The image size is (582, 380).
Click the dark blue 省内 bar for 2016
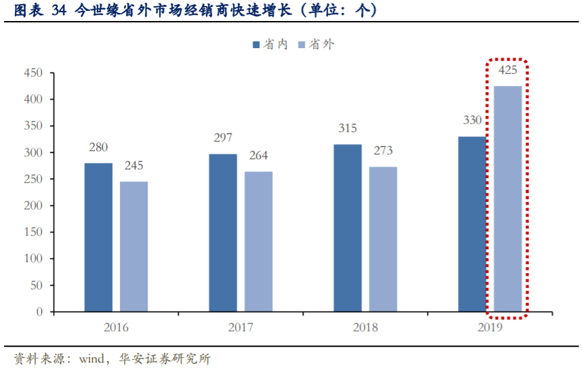coord(98,237)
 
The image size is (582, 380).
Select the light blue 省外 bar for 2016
coord(133,247)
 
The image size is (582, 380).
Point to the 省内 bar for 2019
coord(472,224)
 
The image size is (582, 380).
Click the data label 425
coord(507,70)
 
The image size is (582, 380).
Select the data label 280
coord(98,148)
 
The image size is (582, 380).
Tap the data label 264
coord(258,156)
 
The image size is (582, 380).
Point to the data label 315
coord(347,129)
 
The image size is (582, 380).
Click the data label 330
coord(472,121)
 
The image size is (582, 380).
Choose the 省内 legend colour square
coord(256,45)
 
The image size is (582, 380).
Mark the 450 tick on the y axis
coord(33,73)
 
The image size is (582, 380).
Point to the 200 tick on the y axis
coord(33,206)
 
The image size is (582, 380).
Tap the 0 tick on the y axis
coord(39,312)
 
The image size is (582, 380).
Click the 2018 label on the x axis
coord(366,328)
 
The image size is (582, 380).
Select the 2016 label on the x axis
coord(116,328)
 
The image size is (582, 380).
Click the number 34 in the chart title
coord(58,10)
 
